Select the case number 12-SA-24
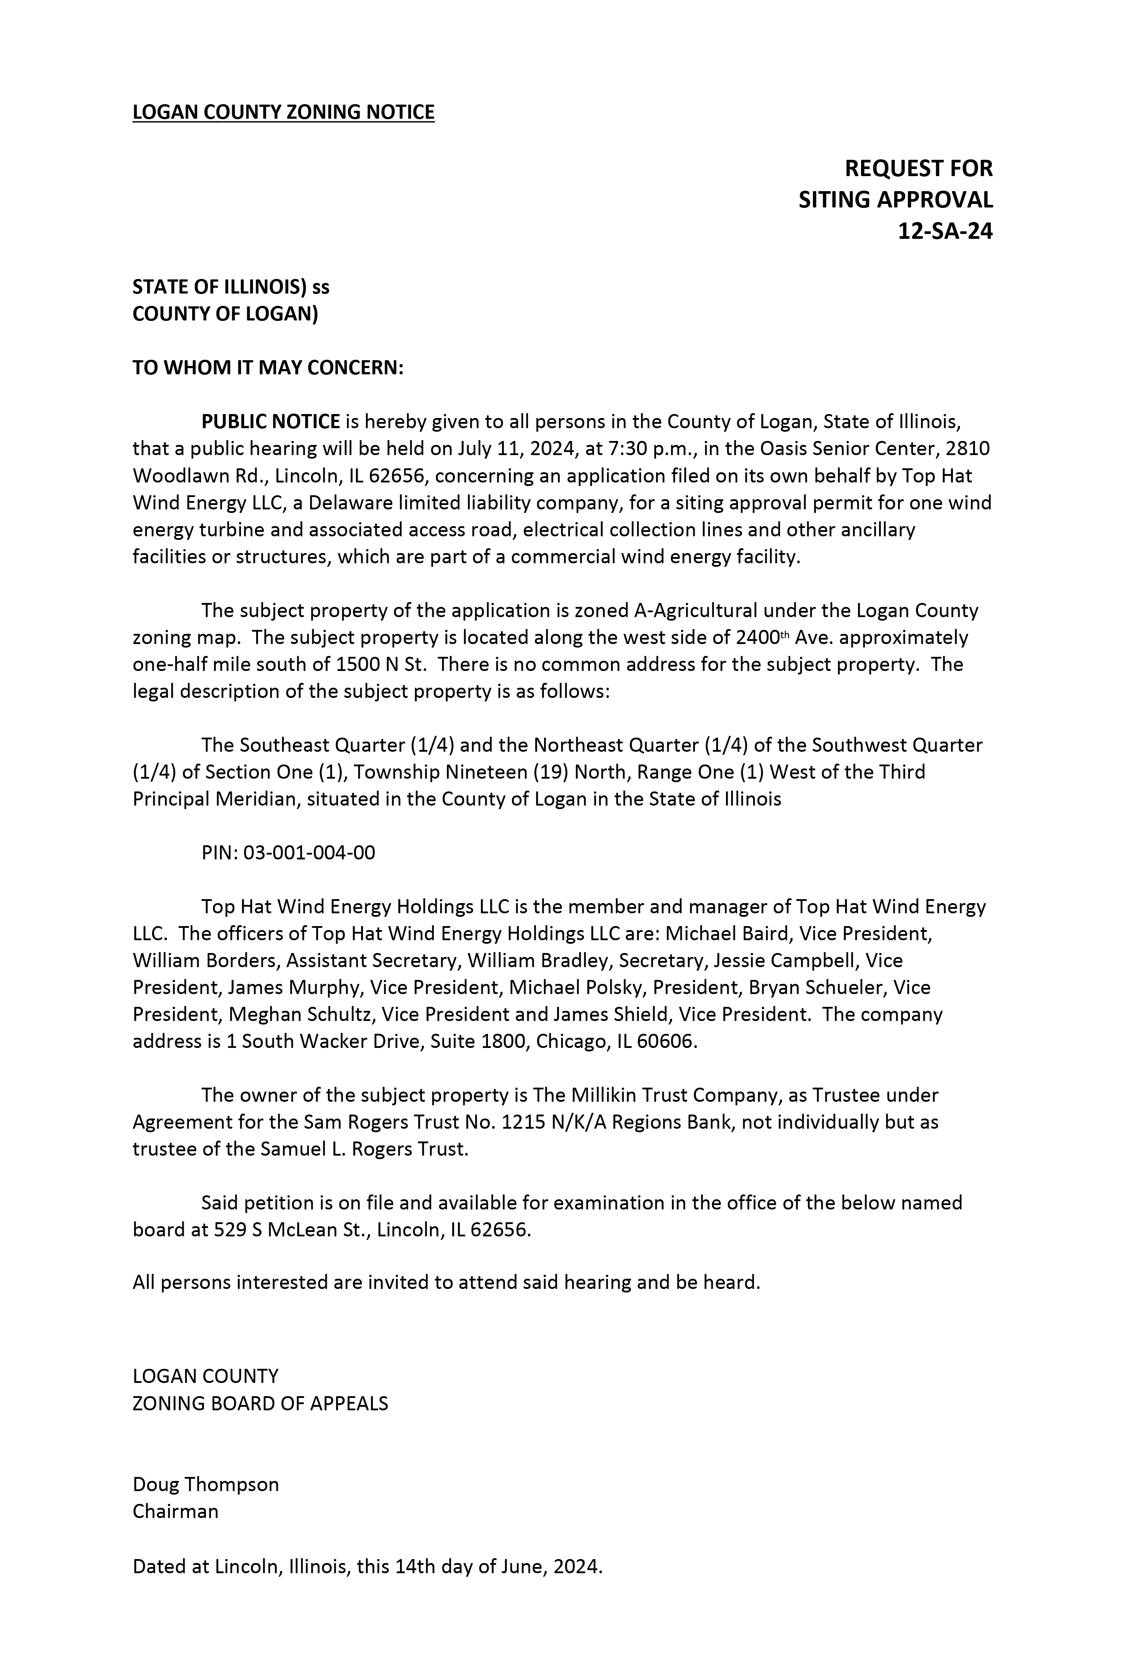click(945, 231)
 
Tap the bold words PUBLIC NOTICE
click(270, 421)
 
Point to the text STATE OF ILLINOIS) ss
click(231, 286)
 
